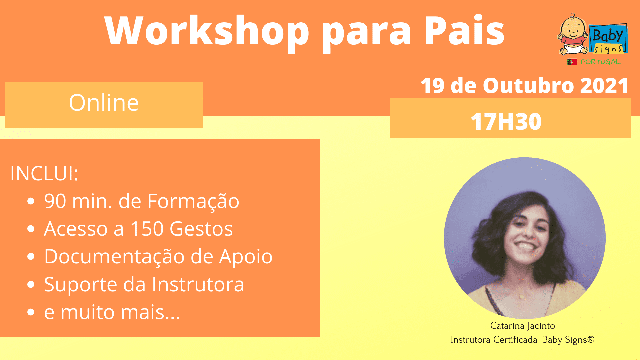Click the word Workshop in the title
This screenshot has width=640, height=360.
(207, 32)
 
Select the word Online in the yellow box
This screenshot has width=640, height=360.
(104, 102)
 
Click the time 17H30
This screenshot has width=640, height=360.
(506, 121)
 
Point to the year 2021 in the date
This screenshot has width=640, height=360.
(604, 86)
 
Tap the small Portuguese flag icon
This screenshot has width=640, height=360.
(572, 62)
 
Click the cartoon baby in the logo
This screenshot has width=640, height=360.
(573, 34)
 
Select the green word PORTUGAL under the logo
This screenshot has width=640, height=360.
(600, 62)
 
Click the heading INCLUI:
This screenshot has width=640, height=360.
(44, 173)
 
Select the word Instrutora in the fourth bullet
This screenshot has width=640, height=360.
(198, 284)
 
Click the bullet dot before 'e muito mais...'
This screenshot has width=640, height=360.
(31, 312)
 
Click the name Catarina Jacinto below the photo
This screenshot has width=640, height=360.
(522, 326)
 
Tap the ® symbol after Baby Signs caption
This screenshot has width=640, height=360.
(591, 339)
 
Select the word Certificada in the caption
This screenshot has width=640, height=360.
(515, 340)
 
